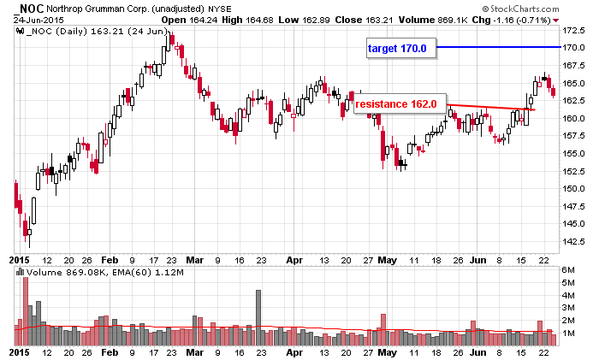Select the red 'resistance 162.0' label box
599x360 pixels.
395,104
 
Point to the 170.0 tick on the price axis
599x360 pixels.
572,48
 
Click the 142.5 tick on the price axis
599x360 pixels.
572,242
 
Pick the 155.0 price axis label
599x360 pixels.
572,154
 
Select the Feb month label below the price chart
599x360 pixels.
110,257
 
